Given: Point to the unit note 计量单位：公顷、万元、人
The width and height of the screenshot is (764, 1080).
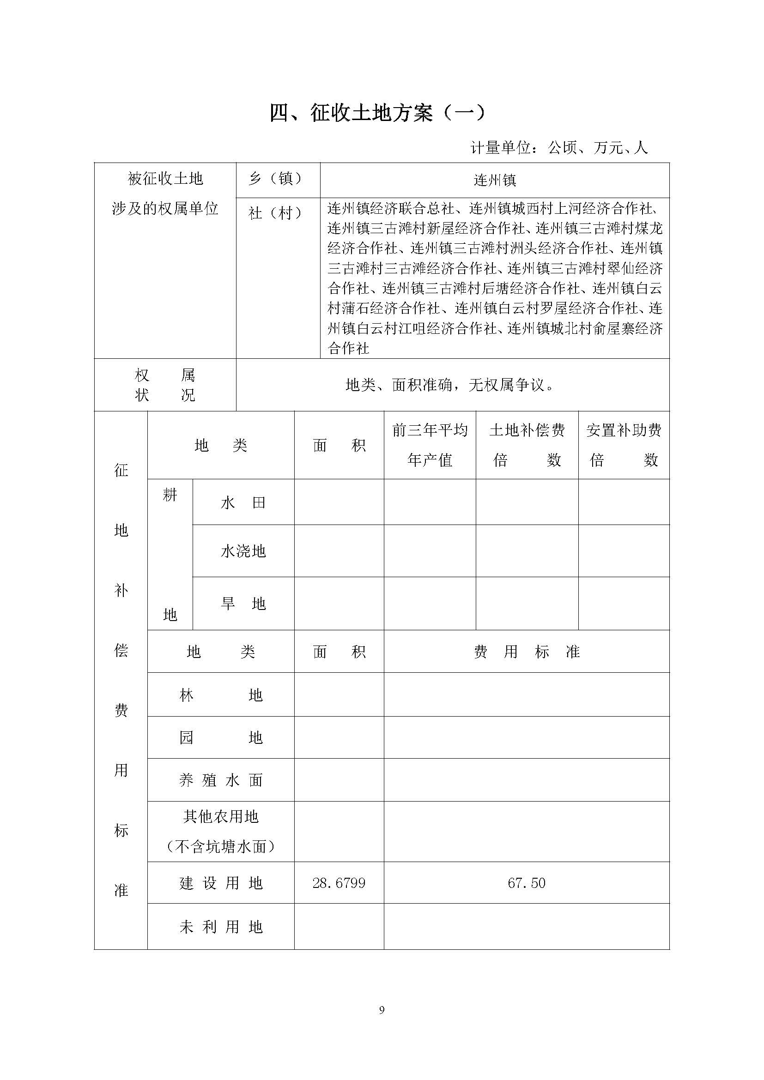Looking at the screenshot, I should point(559,148).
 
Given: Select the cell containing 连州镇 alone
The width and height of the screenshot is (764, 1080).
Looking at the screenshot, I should point(494,180).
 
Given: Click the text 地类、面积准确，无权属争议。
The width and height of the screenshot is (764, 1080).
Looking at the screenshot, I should point(449,385).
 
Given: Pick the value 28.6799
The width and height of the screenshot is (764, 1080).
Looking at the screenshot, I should point(339,883).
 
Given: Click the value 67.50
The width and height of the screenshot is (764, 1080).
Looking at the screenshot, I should point(527,883).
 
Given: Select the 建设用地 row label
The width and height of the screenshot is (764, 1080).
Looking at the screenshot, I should point(221,883).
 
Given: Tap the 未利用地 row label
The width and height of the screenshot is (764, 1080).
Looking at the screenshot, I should point(221,927).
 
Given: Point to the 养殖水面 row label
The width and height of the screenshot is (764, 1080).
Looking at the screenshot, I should point(221,781).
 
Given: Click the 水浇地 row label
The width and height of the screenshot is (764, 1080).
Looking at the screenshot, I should point(243,551).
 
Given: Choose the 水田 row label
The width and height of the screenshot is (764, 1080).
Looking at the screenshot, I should point(243,503).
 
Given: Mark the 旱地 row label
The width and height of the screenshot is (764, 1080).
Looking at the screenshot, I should point(243,603).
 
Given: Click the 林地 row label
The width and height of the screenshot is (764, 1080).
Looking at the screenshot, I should point(221,695).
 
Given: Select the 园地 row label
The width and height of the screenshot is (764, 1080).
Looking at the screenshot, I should point(221,737).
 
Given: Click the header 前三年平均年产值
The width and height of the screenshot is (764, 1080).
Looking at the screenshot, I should point(430,445).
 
